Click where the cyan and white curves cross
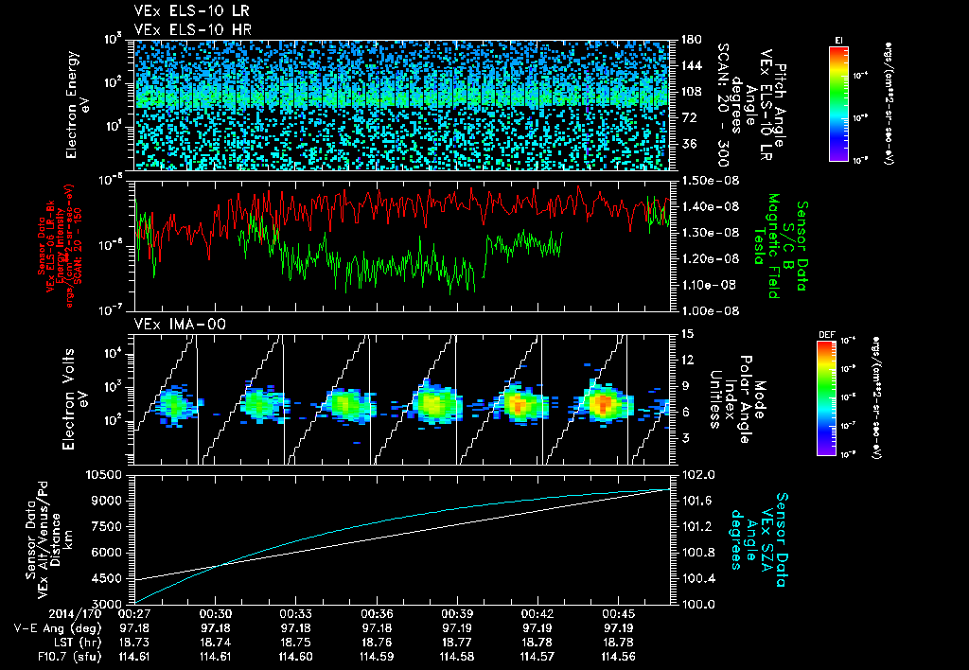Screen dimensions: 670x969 pyautogui.click(x=220, y=565)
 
